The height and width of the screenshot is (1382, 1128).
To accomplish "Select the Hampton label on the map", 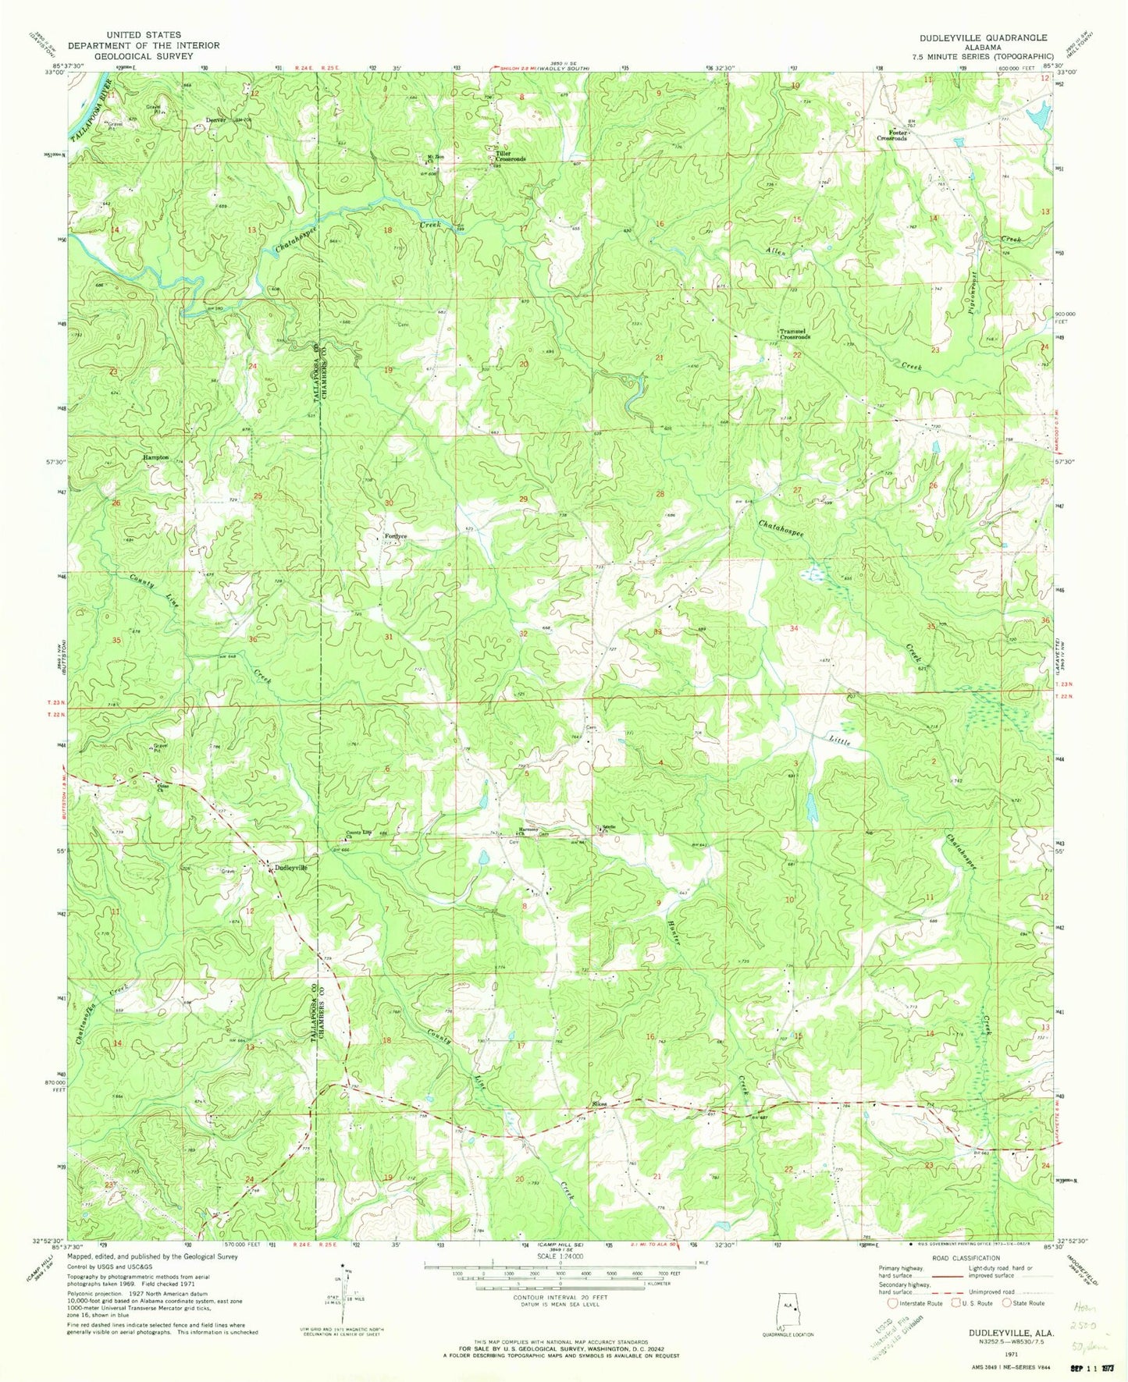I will coord(155,457).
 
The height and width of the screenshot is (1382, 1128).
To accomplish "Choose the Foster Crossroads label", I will coord(891,135).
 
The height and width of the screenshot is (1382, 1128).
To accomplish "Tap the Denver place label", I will coord(216,119).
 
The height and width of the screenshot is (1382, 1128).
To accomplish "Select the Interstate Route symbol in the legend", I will coord(894,1303).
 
